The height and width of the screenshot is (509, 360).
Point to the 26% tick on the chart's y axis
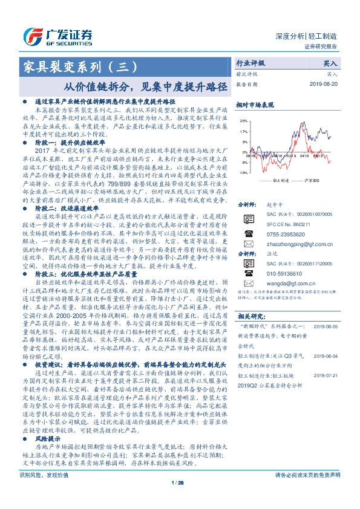click(x=242, y=121)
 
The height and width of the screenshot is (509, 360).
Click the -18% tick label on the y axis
click(x=242, y=172)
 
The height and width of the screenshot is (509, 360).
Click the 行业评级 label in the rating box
click(x=250, y=63)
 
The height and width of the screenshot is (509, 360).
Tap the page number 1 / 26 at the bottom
click(x=177, y=499)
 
